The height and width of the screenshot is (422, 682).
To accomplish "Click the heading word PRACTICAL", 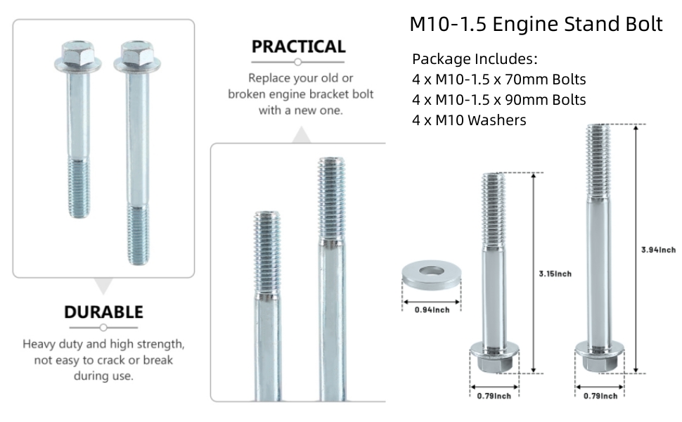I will point(299,47).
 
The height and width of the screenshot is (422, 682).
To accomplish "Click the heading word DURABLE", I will point(103,312).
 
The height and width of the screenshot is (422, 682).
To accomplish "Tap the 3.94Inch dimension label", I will point(659,250).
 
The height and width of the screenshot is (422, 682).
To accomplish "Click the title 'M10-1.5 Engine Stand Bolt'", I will point(536,24).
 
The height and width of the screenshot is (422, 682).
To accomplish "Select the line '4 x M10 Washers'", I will point(469,120).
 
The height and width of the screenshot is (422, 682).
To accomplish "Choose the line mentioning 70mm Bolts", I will point(498,79).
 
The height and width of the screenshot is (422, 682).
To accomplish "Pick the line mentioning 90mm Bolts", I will point(498,99).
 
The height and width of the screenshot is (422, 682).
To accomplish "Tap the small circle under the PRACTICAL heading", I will point(299,62).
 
